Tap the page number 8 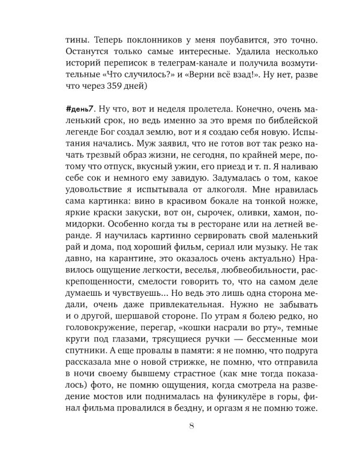click(x=190, y=426)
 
